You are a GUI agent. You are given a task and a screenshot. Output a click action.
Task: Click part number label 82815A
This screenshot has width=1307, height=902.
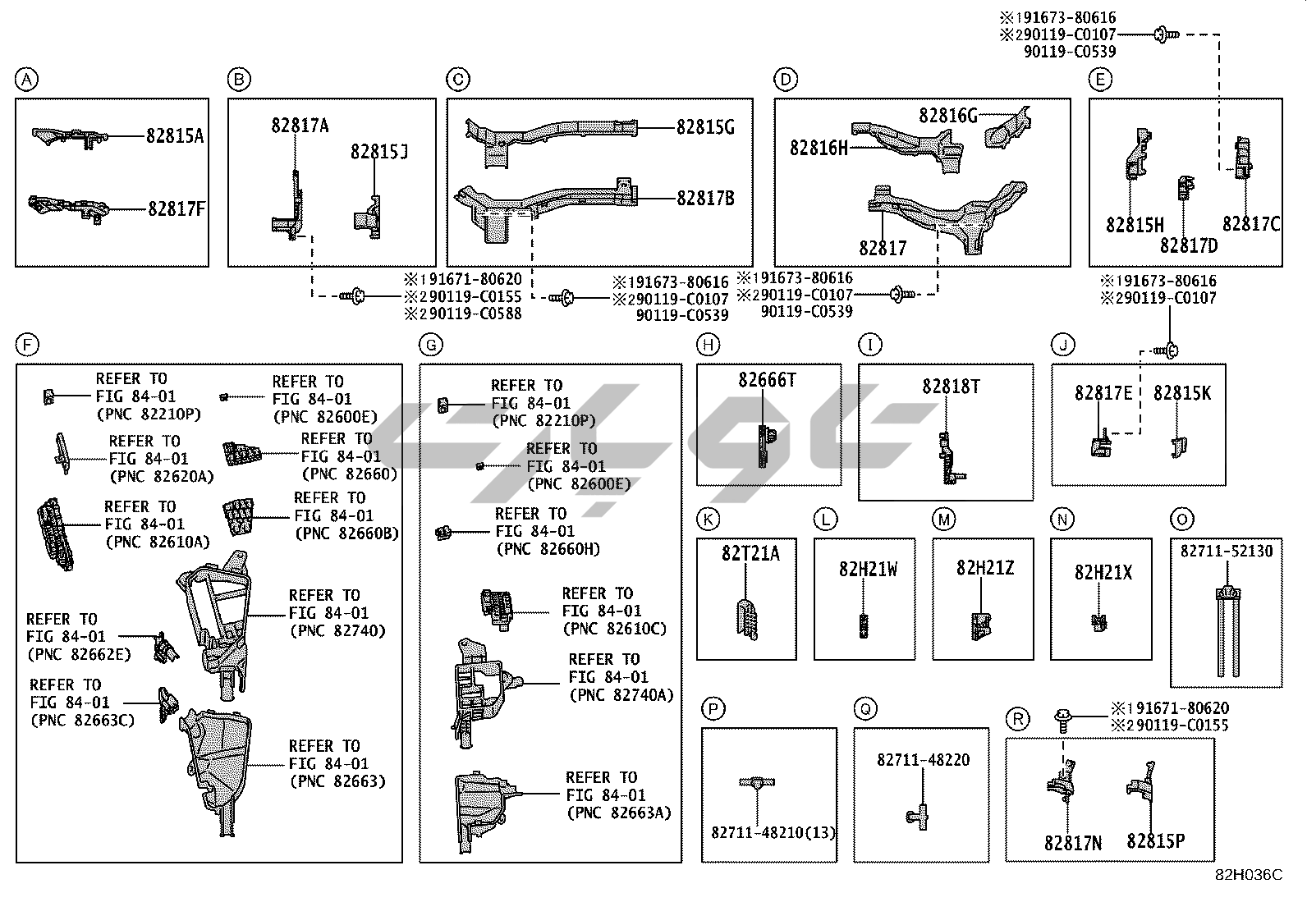click(x=175, y=136)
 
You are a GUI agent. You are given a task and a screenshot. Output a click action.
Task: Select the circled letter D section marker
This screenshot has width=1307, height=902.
click(x=786, y=80)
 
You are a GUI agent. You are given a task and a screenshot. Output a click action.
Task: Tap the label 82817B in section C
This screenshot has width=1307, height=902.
click(x=705, y=199)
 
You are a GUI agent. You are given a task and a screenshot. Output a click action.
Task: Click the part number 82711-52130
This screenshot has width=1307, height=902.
click(x=1226, y=552)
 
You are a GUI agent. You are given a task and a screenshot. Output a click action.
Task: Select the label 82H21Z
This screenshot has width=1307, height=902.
click(x=984, y=568)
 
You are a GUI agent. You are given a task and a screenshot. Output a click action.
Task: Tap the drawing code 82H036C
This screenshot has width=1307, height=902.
click(x=1249, y=876)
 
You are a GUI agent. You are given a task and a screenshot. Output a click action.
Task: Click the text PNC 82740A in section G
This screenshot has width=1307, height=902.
click(x=621, y=695)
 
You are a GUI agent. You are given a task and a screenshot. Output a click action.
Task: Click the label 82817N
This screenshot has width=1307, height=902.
click(x=1073, y=843)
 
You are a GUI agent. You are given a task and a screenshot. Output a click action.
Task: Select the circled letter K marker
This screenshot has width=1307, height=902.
click(x=707, y=520)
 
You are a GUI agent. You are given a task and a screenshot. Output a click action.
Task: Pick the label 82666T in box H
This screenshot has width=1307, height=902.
click(x=767, y=380)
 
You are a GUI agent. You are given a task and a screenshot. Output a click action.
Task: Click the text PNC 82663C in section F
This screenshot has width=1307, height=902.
click(x=81, y=721)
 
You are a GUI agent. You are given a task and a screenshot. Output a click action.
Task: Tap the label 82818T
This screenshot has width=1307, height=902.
click(x=950, y=387)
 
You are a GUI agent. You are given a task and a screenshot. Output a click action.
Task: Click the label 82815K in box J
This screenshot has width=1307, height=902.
click(x=1181, y=393)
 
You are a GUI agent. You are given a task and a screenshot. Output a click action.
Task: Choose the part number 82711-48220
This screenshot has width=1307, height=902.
click(x=923, y=761)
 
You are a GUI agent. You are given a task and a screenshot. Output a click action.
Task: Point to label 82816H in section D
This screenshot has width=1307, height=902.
click(x=819, y=148)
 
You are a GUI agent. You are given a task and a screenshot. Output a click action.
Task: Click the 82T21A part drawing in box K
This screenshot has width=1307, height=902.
click(x=746, y=620)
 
